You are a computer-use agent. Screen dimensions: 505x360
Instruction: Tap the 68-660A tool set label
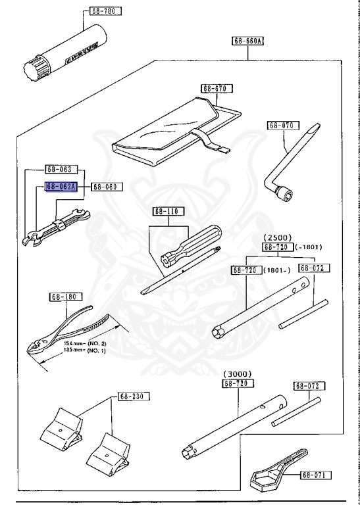point(247,40)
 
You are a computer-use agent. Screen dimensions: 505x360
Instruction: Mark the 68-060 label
point(105,187)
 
